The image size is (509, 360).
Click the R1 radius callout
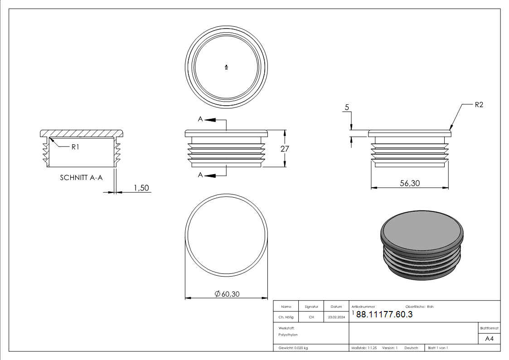(76, 147)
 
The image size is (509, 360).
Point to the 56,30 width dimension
(409, 183)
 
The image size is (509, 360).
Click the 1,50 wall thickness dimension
(141, 188)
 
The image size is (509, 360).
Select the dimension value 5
(347, 107)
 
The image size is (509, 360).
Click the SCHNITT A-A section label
(81, 178)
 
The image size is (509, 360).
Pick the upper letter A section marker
(200, 119)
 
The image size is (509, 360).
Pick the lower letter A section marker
(200, 175)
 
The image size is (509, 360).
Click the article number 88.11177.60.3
(384, 315)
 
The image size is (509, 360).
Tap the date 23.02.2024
(336, 317)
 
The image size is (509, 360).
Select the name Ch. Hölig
(286, 317)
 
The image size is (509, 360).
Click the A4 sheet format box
(490, 339)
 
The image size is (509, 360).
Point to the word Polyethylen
(288, 335)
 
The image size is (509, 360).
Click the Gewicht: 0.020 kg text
(293, 348)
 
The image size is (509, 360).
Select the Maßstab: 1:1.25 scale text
(364, 348)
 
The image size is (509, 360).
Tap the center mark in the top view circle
(226, 68)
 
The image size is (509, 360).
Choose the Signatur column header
(311, 307)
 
